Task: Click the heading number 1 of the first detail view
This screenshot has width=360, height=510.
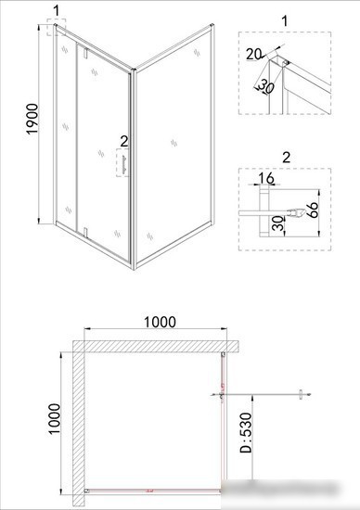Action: point(285,19)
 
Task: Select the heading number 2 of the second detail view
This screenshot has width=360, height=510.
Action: point(285,155)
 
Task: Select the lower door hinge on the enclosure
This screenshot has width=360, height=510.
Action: point(84,232)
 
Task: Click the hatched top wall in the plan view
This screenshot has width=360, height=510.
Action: point(158,345)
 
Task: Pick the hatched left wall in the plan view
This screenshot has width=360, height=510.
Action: point(79,422)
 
